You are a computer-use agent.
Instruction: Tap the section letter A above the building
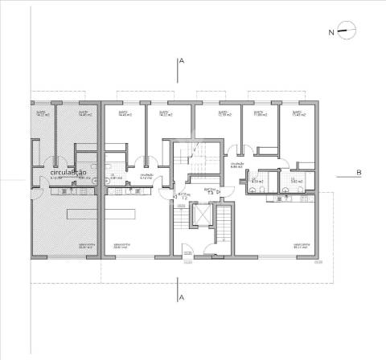coord(183,61)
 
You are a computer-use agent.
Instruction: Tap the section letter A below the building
coord(183,298)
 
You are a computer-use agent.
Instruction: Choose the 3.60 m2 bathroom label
coord(295,182)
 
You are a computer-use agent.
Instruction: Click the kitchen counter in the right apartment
coord(281,194)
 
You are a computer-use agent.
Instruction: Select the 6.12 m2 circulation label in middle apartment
coord(146,176)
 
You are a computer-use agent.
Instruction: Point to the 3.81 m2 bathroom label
coord(116,178)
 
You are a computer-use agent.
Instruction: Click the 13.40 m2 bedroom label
coord(296,114)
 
